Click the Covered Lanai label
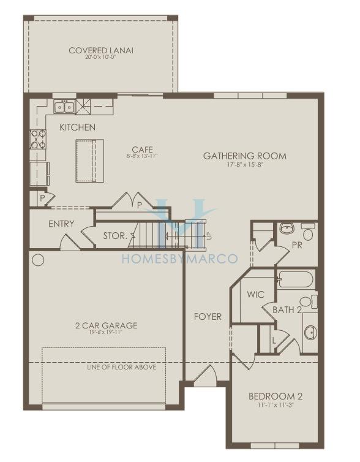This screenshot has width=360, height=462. pos(101,50)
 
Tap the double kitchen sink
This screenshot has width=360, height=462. pos(64,107)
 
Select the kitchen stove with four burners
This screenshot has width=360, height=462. pos(39,139)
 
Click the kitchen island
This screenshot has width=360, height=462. pos(90,161)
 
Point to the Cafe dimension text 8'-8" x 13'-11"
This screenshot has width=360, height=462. pos(142,156)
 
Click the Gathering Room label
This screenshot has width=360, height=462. pos(245,156)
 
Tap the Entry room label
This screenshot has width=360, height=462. pos(61,224)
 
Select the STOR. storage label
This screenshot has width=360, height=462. pos(115,236)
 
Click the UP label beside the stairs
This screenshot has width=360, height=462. pos(209,236)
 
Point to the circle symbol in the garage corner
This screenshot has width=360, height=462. pos(38,260)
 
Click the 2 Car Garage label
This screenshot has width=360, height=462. pos(107,325)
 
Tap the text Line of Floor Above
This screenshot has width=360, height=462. pos(122,367)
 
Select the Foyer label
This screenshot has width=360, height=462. pos(208,317)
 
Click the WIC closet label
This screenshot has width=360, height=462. pos(255,294)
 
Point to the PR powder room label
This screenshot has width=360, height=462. pos(298,245)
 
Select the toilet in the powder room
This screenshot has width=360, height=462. pos(308,231)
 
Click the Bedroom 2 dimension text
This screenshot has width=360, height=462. pos(276,405)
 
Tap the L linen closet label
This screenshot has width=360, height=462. pos(274,341)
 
